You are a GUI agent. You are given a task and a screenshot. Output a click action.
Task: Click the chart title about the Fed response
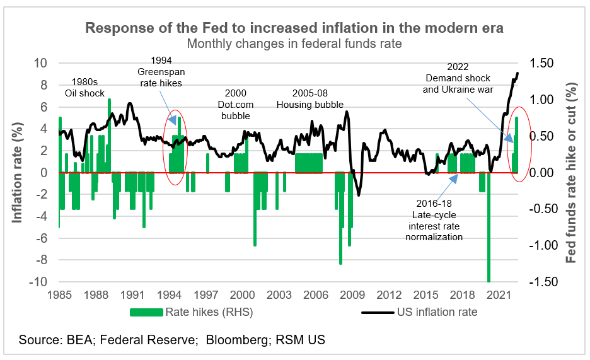(x=294, y=28)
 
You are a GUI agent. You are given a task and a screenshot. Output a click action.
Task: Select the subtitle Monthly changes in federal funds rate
(x=294, y=44)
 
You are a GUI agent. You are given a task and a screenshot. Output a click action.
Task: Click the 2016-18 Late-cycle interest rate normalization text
(x=434, y=220)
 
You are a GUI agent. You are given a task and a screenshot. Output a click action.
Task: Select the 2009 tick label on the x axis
(x=352, y=294)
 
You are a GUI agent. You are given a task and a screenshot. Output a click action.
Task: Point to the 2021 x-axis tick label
(x=499, y=294)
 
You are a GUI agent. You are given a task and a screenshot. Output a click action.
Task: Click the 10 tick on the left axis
(x=40, y=63)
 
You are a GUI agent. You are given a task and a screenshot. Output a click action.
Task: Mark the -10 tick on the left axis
(x=38, y=282)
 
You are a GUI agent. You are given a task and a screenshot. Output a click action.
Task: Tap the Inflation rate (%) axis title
(x=18, y=172)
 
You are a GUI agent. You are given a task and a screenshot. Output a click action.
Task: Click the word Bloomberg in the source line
(x=237, y=340)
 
